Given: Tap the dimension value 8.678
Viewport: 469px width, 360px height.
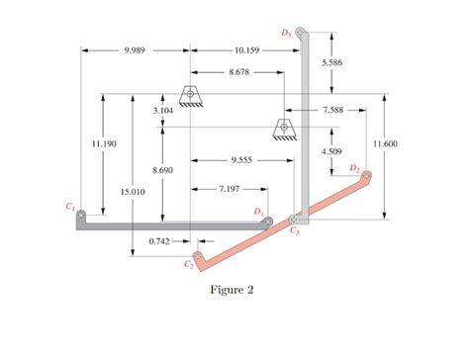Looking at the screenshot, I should click(x=237, y=72).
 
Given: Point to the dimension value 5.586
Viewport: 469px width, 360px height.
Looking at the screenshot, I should click(x=332, y=62).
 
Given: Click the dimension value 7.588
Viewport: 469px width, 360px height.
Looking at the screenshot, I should click(x=332, y=111).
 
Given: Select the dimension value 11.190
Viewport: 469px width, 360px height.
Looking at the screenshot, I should click(x=104, y=144).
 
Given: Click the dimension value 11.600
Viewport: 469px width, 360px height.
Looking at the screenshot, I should click(x=385, y=144).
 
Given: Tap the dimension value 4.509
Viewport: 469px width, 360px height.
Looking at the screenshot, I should click(x=331, y=151).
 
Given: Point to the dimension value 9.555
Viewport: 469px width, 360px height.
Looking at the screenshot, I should click(x=240, y=158).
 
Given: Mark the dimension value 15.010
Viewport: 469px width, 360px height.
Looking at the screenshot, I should click(x=133, y=191).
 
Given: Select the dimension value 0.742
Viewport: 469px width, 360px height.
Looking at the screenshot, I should click(x=160, y=240).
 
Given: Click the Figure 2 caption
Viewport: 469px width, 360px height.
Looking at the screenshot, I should click(x=233, y=290).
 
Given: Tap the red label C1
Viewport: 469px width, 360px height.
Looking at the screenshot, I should click(x=69, y=206).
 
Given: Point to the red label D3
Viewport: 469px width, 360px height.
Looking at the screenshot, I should click(x=286, y=34).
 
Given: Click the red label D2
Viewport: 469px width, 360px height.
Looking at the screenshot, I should click(x=354, y=168).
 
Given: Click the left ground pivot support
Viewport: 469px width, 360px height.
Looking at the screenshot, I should click(x=189, y=94).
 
